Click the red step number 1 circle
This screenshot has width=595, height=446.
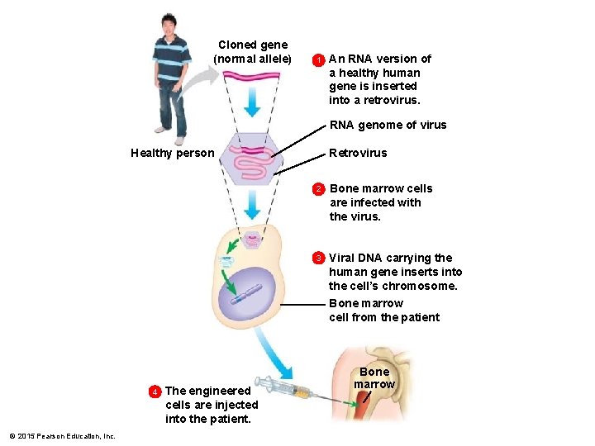point(317,59)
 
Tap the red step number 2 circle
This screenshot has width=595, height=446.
point(317,189)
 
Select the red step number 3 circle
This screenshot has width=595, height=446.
point(317,258)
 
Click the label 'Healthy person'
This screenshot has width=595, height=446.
point(172,153)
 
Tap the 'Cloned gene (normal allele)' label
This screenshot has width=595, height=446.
point(252,52)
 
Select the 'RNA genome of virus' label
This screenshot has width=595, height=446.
point(388,126)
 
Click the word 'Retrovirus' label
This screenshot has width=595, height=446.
point(358,153)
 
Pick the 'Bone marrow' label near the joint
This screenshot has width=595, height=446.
point(374,378)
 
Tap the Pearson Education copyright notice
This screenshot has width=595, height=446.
point(62,435)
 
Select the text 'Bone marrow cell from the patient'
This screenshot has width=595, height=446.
point(383,311)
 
